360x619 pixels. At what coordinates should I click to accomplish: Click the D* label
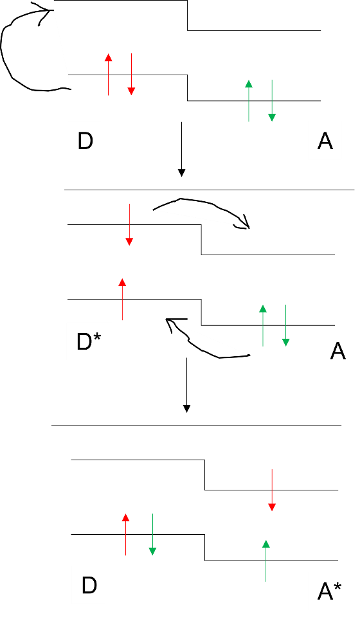(x=89, y=341)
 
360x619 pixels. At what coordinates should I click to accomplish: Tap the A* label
(x=329, y=591)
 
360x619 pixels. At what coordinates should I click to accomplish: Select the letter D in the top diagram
(x=85, y=141)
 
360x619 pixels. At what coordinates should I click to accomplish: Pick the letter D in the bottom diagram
(x=89, y=586)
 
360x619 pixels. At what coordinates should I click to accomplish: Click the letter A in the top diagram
(x=325, y=141)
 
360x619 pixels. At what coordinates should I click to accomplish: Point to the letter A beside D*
(x=338, y=350)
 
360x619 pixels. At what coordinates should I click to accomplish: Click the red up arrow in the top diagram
(x=109, y=75)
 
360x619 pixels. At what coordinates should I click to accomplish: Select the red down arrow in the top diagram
(x=131, y=75)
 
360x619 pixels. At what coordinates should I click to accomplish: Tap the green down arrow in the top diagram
(x=272, y=101)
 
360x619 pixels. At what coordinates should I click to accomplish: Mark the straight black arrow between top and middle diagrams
(x=181, y=149)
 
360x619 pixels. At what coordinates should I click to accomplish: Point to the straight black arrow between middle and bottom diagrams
(x=187, y=385)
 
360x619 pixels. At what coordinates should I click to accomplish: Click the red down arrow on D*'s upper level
(x=129, y=224)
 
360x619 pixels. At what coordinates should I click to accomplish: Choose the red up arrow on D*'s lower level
(x=122, y=299)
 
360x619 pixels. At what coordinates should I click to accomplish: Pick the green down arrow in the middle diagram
(x=286, y=325)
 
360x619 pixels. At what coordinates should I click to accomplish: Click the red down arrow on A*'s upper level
(x=272, y=490)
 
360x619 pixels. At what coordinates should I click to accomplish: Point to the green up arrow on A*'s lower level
(x=266, y=561)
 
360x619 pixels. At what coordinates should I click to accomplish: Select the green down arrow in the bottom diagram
(x=152, y=535)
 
